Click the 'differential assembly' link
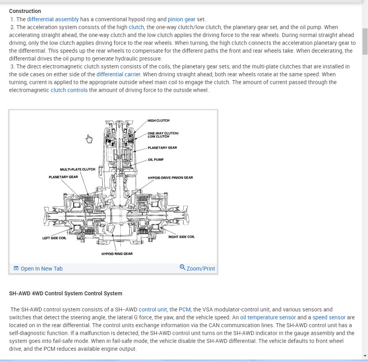53,19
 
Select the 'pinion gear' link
181,19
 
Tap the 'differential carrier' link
118,74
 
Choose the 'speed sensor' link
329,317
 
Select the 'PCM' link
184,309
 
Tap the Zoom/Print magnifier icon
182,267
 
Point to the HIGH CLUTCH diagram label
158,120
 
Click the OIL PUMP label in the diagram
156,160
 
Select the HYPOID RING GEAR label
117,254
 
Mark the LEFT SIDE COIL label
54,238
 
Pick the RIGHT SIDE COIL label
181,237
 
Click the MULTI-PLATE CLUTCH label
77,169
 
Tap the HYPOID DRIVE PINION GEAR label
170,178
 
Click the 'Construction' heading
25,11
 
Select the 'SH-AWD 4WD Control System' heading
66,293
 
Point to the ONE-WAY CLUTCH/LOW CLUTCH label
163,135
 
